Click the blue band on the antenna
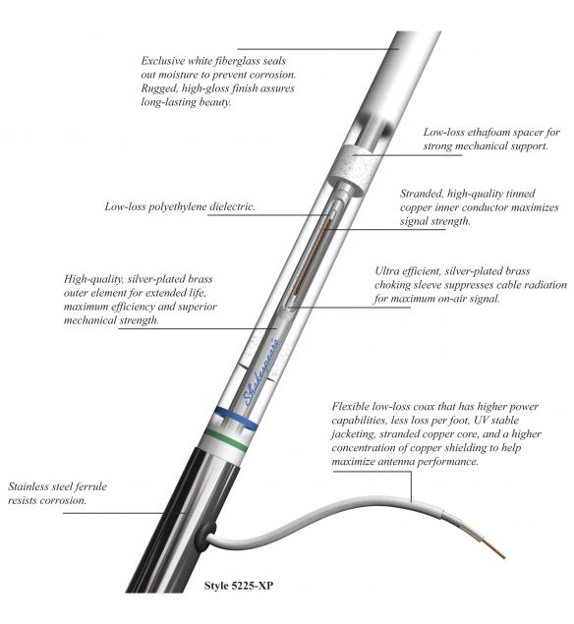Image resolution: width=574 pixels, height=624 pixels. pyautogui.click(x=236, y=418)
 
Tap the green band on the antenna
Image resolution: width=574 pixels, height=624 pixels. pyautogui.click(x=225, y=438)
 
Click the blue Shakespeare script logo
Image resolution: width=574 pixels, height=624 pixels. pyautogui.click(x=260, y=371)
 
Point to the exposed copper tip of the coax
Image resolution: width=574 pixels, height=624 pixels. pyautogui.click(x=494, y=547)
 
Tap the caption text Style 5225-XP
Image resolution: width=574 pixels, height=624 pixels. pyautogui.click(x=239, y=585)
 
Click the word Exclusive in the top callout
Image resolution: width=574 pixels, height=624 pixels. pyautogui.click(x=163, y=61)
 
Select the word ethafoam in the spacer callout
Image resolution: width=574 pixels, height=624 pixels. pyautogui.click(x=484, y=132)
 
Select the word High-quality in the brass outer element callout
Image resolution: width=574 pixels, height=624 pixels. pyautogui.click(x=94, y=279)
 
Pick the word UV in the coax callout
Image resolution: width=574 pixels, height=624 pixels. pyautogui.click(x=480, y=421)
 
